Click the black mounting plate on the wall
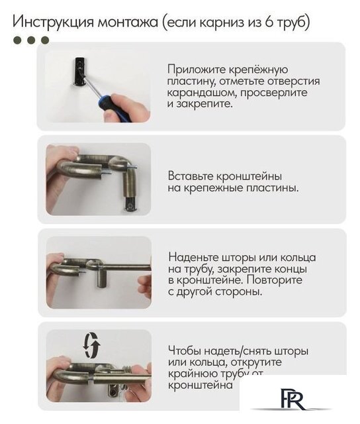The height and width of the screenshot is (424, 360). click(x=79, y=68)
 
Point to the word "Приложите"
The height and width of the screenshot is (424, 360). click(x=195, y=70)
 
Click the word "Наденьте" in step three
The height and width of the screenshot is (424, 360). click(x=193, y=257)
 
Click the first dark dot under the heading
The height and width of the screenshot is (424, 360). click(x=19, y=40)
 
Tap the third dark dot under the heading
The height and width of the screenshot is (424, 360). click(x=45, y=40)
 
